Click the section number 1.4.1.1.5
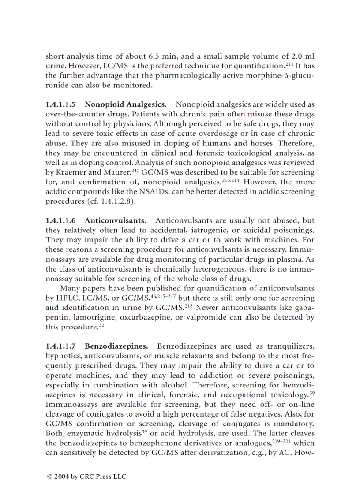tap(61, 105)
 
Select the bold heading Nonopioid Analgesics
tap(125, 105)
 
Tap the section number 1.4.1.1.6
tap(61, 220)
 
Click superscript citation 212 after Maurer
tap(135, 170)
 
